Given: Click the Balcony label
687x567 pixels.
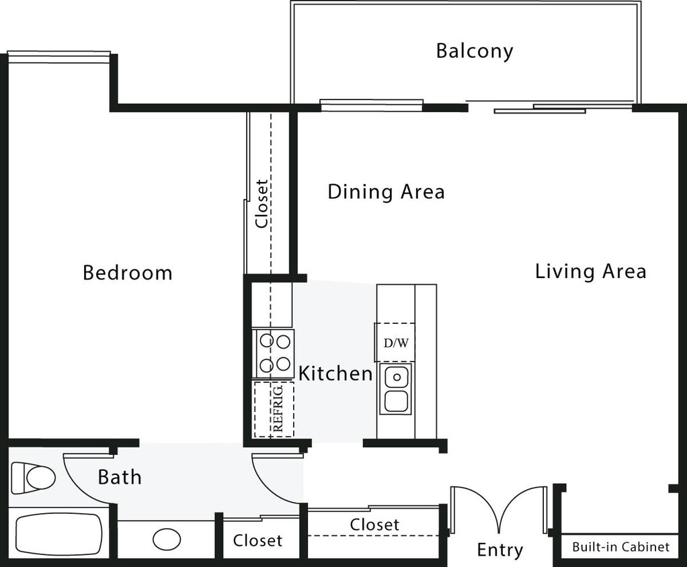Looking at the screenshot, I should click(x=474, y=51).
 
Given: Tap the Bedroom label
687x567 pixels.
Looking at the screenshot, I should click(x=128, y=273).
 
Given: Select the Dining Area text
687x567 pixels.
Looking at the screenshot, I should click(x=386, y=192).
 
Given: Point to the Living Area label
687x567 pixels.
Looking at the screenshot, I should click(x=590, y=271).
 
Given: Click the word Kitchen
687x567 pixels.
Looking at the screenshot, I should click(x=335, y=374).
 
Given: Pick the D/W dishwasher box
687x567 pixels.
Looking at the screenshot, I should click(x=395, y=343).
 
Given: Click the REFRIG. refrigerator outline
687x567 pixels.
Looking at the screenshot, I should click(x=274, y=409).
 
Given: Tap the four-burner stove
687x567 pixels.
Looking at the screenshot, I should click(x=274, y=353).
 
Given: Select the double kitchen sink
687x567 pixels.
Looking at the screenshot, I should click(x=396, y=390).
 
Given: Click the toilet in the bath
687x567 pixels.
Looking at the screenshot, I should click(x=32, y=478).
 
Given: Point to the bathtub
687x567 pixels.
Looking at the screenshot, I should click(x=58, y=535).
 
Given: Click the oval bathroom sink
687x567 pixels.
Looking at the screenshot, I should click(x=167, y=539).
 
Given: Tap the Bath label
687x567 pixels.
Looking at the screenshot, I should click(x=120, y=478).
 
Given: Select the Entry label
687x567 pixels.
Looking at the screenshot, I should click(x=499, y=550).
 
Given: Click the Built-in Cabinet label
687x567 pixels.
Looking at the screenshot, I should click(x=620, y=547).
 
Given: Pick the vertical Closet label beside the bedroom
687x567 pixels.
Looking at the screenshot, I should click(x=261, y=203).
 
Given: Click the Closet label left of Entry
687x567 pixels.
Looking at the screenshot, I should click(x=374, y=524).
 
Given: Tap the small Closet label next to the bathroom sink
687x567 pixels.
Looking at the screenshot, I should click(x=257, y=540).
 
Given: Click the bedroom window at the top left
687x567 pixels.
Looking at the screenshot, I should click(x=58, y=57).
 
